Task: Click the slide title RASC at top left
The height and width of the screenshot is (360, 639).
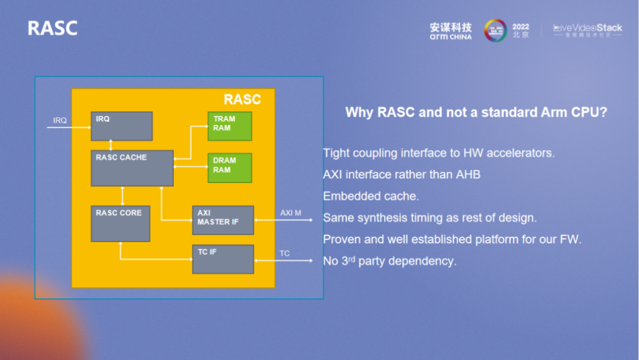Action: tap(53, 28)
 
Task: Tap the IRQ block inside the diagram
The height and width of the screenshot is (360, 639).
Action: tap(121, 126)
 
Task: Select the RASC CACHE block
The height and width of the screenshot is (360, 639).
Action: tap(132, 168)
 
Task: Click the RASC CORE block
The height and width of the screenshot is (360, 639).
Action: tap(120, 224)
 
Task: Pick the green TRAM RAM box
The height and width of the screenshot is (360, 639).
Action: tap(230, 126)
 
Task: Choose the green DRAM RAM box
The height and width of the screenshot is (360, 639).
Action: tap(230, 168)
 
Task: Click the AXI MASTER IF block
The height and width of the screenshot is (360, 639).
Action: tap(223, 220)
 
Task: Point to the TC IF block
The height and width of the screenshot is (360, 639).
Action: tap(223, 259)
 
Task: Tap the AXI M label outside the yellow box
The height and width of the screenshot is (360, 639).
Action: tap(291, 213)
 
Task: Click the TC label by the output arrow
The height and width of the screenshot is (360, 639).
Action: tap(285, 253)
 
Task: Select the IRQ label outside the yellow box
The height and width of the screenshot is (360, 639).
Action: tap(60, 121)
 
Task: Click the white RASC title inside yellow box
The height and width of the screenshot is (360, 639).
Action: tap(242, 99)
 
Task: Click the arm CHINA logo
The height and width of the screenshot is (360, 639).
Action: tap(451, 31)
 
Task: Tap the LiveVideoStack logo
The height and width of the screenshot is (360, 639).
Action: tap(588, 30)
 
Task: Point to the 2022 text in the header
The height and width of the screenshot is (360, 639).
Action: tap(521, 27)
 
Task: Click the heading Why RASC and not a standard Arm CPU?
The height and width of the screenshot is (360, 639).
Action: tap(476, 112)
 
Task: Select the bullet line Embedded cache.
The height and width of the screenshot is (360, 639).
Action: tap(371, 196)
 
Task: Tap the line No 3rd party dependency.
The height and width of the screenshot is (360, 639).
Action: tap(389, 261)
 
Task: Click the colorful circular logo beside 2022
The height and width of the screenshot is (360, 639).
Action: tap(495, 30)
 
